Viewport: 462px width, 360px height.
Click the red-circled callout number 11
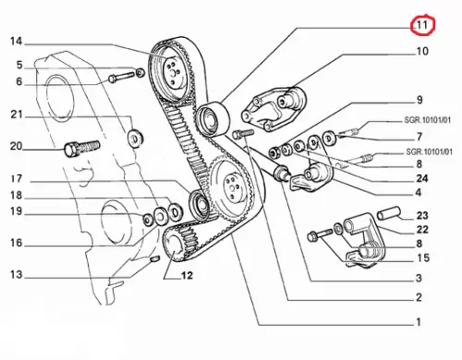(x=422, y=25)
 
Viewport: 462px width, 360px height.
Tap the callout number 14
(x=17, y=42)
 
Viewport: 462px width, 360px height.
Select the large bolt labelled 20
(x=82, y=148)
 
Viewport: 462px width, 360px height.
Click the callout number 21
(x=17, y=114)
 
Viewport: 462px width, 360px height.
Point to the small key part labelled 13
(x=154, y=259)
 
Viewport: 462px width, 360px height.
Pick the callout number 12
(x=187, y=275)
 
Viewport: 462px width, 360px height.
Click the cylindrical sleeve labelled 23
(x=389, y=213)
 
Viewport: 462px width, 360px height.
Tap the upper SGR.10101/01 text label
(x=427, y=120)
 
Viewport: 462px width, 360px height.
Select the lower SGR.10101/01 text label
(x=429, y=152)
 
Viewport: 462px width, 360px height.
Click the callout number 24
(x=422, y=178)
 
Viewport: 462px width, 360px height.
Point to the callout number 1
(x=419, y=322)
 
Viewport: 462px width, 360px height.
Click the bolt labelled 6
(x=122, y=78)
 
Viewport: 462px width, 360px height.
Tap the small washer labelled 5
(x=140, y=73)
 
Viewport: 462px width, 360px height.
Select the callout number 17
(x=17, y=179)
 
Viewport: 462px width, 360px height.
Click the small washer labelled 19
(x=148, y=219)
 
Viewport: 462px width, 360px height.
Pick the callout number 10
(x=422, y=51)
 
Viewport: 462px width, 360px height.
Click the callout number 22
(x=422, y=230)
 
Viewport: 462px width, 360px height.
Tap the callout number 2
(x=419, y=297)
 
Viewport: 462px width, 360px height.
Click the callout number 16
(x=17, y=243)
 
